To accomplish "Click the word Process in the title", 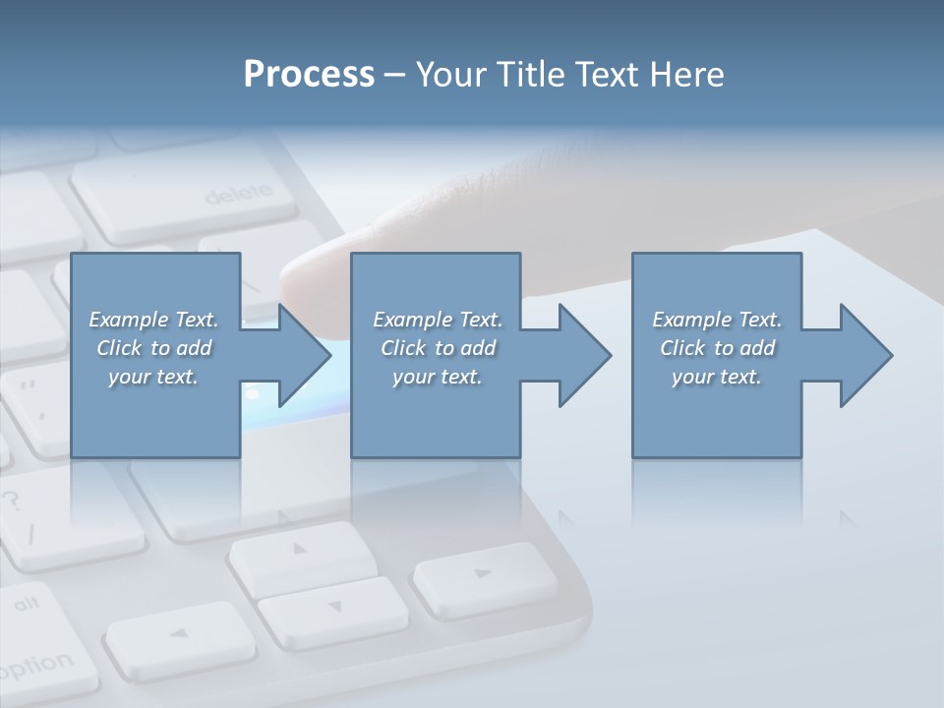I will [309, 75].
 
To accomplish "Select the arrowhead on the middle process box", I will [579, 355].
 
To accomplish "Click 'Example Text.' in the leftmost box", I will [154, 320].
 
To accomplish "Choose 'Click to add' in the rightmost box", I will [717, 348].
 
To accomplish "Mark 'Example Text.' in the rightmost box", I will [717, 320].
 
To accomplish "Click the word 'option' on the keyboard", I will [34, 666].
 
